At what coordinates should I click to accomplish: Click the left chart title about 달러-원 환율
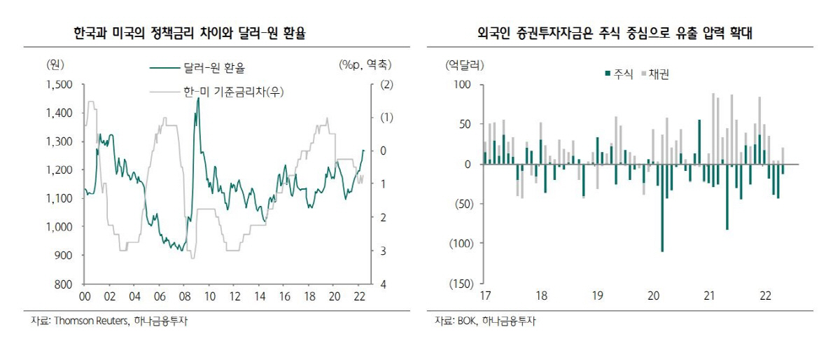click(x=189, y=33)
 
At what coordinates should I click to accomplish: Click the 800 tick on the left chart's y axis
click(x=65, y=284)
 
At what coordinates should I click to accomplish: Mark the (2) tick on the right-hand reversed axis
click(x=386, y=85)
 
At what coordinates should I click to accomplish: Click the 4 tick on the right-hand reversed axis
click(x=383, y=284)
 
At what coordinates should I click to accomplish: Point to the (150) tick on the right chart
click(x=461, y=284)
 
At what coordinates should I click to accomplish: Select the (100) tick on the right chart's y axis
click(x=461, y=244)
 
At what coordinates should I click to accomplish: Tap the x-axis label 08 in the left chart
click(x=185, y=296)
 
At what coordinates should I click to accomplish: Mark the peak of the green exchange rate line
click(x=198, y=99)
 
